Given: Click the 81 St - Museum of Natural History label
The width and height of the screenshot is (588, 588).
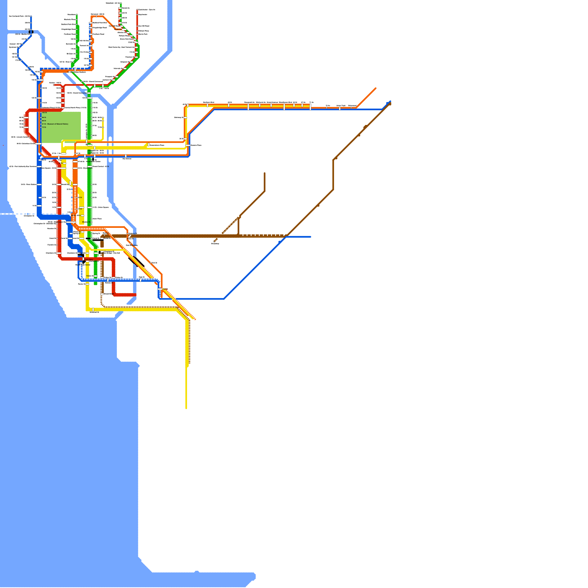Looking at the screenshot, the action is point(55,124).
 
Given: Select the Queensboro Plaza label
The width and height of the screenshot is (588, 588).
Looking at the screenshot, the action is point(157,145).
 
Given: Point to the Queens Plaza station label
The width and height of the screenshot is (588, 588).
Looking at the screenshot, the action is point(196,145).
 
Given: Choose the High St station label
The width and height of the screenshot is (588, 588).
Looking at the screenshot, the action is point(141,277).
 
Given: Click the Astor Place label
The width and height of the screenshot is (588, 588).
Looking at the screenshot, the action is point(97,219).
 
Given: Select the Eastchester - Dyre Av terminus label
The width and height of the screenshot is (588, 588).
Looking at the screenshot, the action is point(147,10).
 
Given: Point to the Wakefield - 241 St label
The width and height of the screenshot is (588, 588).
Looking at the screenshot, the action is point(113,3).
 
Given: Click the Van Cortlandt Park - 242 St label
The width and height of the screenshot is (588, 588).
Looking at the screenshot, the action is point(19,16).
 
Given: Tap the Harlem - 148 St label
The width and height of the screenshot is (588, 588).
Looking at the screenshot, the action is point(55,83).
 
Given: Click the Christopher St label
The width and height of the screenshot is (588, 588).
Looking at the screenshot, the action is point(29,216).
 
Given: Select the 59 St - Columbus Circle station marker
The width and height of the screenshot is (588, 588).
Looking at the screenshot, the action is point(39,144).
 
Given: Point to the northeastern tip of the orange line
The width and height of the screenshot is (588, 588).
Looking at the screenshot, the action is point(376,88).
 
